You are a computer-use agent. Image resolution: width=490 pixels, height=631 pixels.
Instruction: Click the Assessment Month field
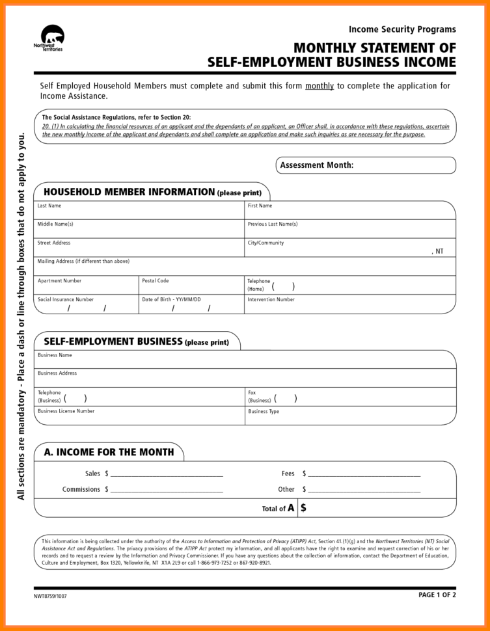pyautogui.click(x=403, y=165)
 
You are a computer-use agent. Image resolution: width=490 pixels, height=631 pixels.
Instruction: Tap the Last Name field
pyautogui.click(x=139, y=213)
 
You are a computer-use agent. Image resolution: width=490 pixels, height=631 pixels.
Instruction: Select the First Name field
pyautogui.click(x=350, y=213)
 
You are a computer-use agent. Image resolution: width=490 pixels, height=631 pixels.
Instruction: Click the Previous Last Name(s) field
pyautogui.click(x=350, y=231)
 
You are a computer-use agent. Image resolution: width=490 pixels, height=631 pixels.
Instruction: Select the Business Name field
pyautogui.click(x=245, y=362)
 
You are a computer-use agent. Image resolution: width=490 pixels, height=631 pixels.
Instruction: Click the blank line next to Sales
pyautogui.click(x=167, y=474)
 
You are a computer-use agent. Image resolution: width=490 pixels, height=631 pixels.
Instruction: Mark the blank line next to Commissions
pyautogui.click(x=167, y=489)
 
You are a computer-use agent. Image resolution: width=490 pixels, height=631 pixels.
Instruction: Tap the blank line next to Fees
pyautogui.click(x=364, y=474)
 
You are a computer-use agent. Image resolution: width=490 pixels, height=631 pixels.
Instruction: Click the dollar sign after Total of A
pyautogui.click(x=304, y=508)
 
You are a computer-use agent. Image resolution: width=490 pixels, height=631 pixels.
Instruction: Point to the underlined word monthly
pyautogui.click(x=320, y=86)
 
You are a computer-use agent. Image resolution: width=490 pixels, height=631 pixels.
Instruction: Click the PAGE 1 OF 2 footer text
pyautogui.click(x=437, y=595)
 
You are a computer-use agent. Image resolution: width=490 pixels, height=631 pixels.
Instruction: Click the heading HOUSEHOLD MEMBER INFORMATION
pyautogui.click(x=128, y=192)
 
